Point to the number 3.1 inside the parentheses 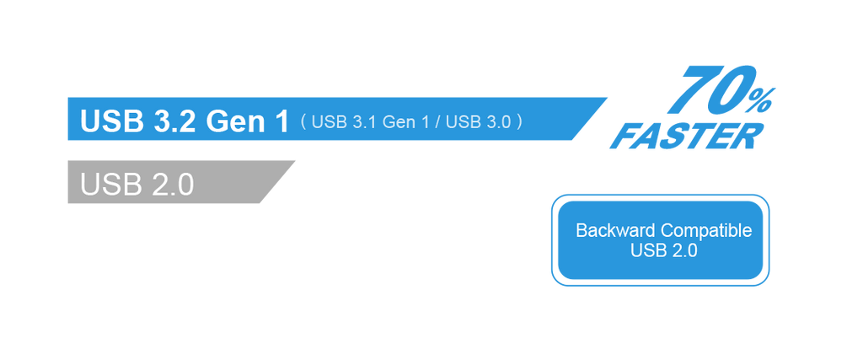360,122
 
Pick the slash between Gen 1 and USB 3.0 437,122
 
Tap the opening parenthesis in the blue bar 302,122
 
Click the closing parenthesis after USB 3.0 520,122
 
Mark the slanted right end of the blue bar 590,118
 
